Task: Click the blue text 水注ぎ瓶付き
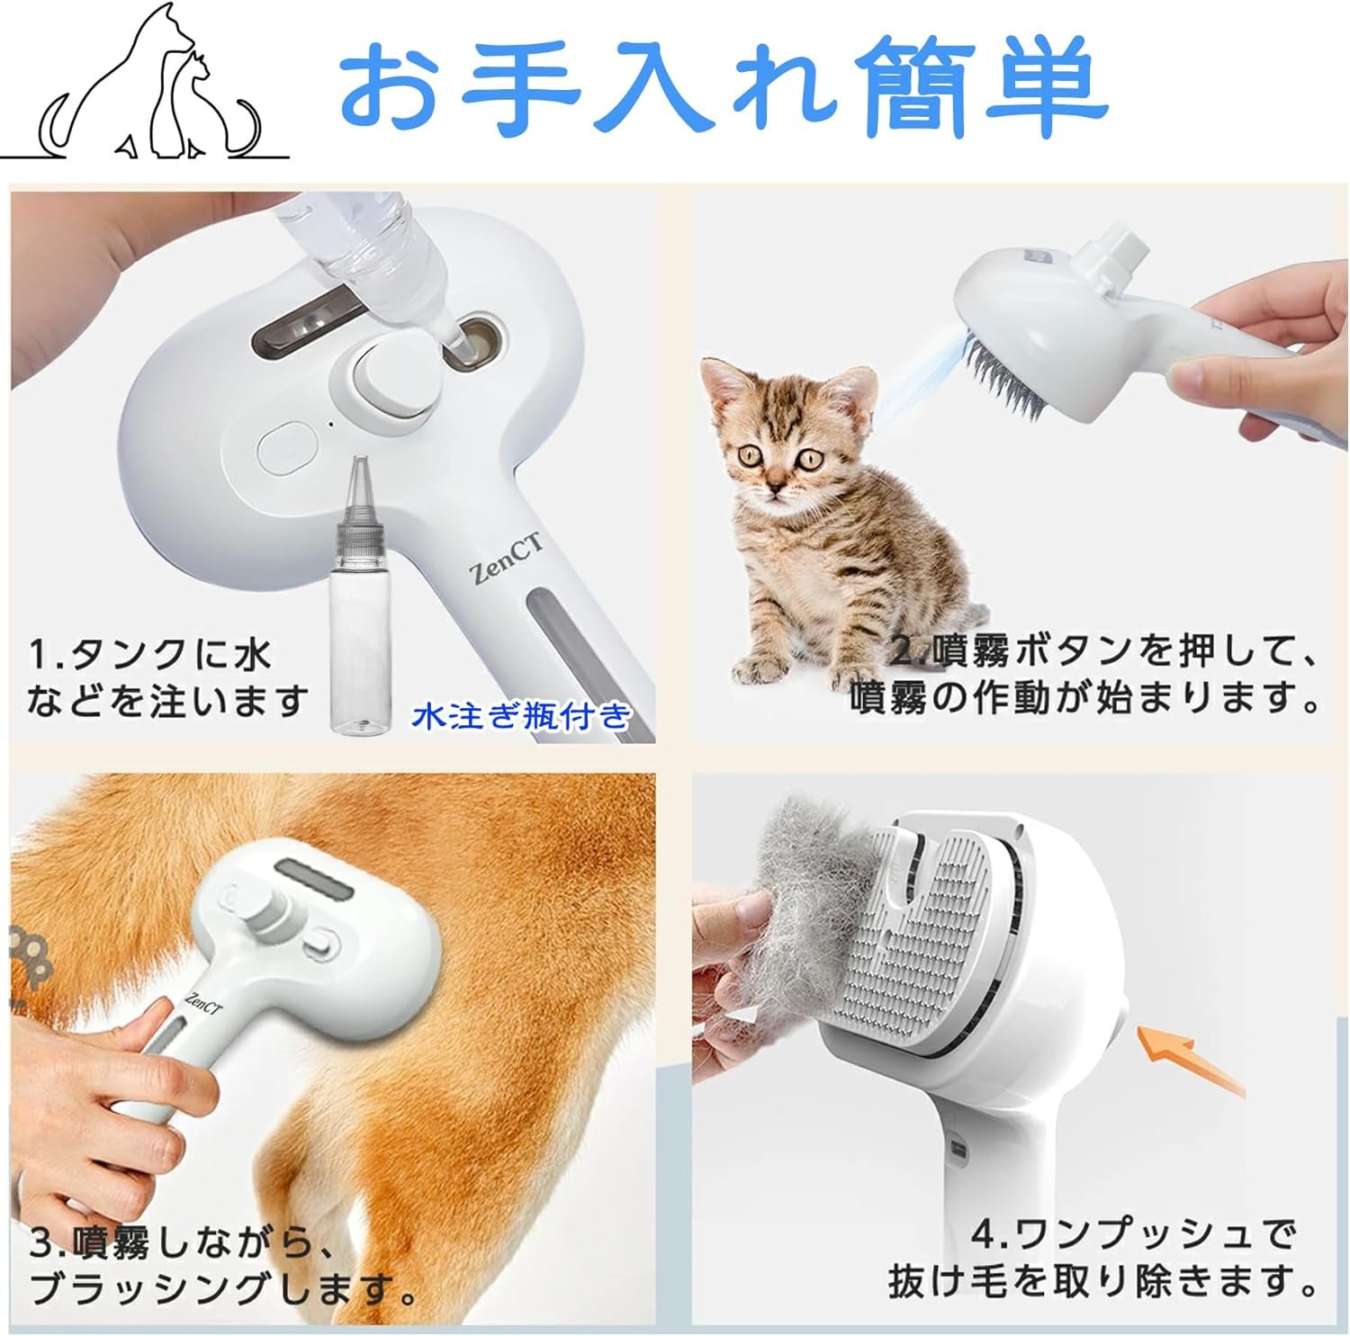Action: tap(522, 716)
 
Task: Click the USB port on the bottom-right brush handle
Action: tap(958, 1149)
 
